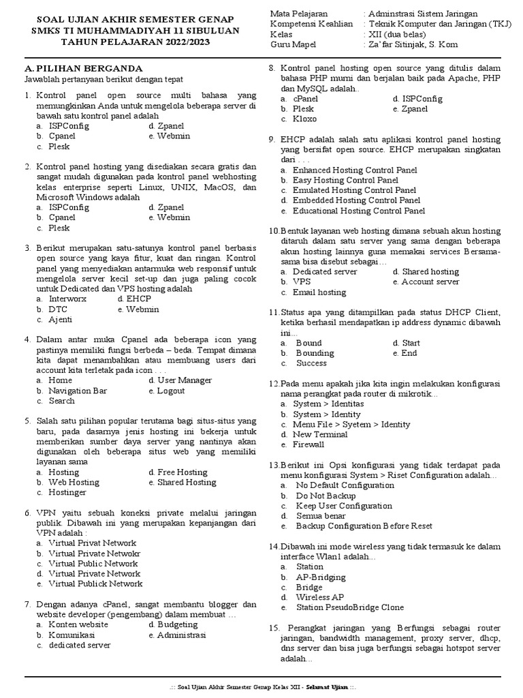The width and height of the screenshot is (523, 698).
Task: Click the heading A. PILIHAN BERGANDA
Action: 83,69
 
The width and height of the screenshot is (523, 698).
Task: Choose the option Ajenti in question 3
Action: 61,319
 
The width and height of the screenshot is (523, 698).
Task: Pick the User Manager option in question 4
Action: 185,380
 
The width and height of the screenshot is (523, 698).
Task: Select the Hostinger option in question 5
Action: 67,492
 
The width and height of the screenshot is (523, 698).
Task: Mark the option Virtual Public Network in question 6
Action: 93,564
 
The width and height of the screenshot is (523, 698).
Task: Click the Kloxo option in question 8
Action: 304,119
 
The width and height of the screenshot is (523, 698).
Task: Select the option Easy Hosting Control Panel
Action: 345,180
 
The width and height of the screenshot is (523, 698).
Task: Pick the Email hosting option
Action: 319,292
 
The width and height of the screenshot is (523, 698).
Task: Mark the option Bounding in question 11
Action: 315,353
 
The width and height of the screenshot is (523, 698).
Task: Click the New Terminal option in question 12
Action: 320,434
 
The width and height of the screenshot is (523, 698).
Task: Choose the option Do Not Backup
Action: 326,496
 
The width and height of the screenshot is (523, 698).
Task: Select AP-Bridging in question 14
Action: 321,577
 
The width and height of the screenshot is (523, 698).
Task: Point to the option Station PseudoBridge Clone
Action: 349,607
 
